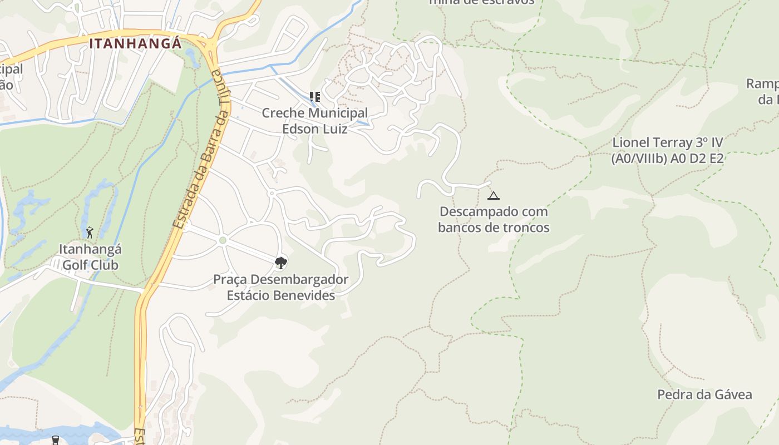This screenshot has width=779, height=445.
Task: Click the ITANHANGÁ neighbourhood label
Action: [x=135, y=43]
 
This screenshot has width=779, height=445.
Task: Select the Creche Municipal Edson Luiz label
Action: [x=314, y=121]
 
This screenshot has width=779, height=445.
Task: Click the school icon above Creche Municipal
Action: [x=315, y=97]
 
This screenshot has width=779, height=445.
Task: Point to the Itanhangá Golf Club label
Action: [x=90, y=257]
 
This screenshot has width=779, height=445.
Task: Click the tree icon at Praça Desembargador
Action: [x=281, y=263]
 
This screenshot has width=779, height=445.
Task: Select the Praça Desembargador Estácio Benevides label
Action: [x=281, y=287]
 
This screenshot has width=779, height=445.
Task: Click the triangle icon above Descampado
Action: [x=494, y=196]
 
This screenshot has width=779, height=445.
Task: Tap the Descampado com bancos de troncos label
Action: [x=494, y=219]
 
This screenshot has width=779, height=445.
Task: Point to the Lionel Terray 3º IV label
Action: [x=668, y=142]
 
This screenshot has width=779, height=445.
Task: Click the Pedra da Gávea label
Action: [x=704, y=395]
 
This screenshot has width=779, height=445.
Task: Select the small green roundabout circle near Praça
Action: [x=223, y=240]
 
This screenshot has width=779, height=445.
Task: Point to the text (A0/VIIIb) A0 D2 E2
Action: [x=668, y=159]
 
